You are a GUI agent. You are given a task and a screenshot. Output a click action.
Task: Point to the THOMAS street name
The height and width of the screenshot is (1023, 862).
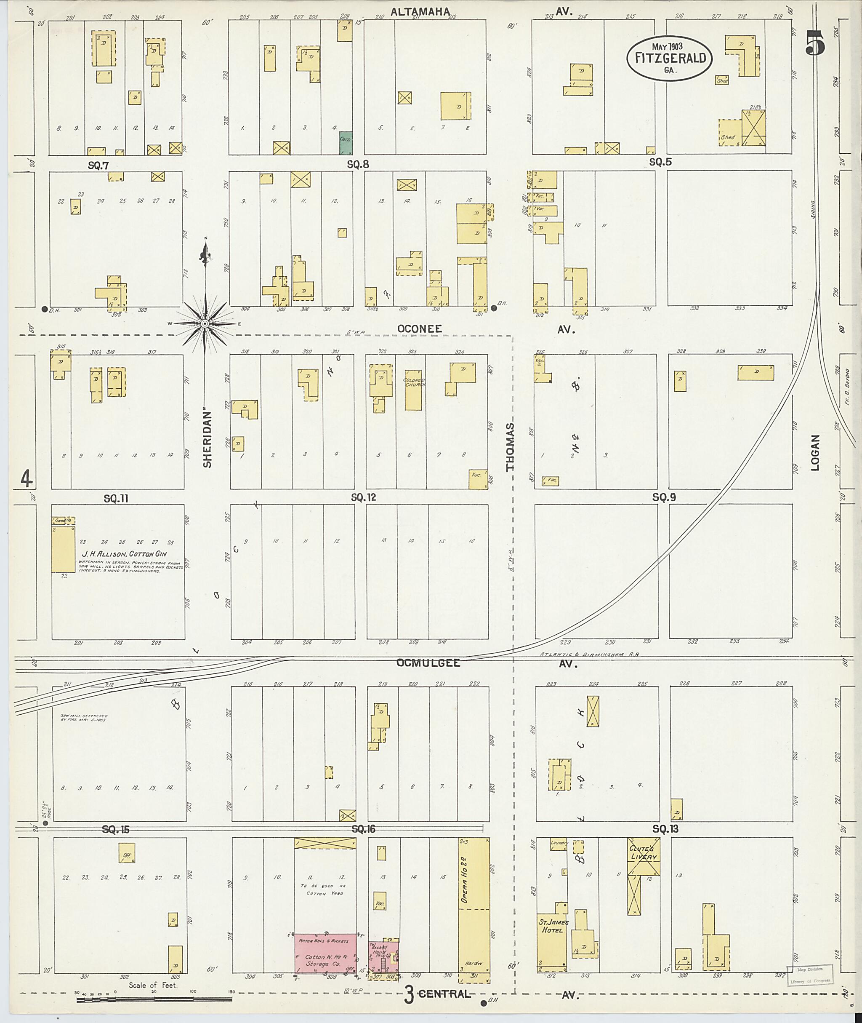[x=511, y=447]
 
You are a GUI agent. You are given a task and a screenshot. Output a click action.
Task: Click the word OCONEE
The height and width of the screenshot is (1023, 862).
[x=419, y=329]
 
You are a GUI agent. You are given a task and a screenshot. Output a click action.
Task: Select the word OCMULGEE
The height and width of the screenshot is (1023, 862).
[x=428, y=663]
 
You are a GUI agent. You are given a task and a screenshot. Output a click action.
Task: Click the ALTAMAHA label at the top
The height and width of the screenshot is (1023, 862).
[x=420, y=12]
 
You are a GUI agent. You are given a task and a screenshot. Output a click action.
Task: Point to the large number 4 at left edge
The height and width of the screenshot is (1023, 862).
[x=27, y=478]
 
